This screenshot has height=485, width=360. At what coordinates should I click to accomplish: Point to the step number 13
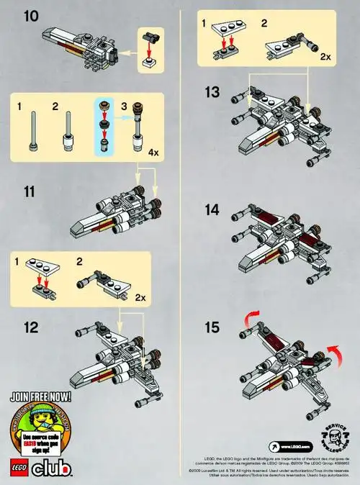[212, 93]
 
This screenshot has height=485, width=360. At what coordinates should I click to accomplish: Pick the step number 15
[212, 328]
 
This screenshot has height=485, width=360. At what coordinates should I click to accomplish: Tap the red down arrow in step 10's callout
[150, 47]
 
